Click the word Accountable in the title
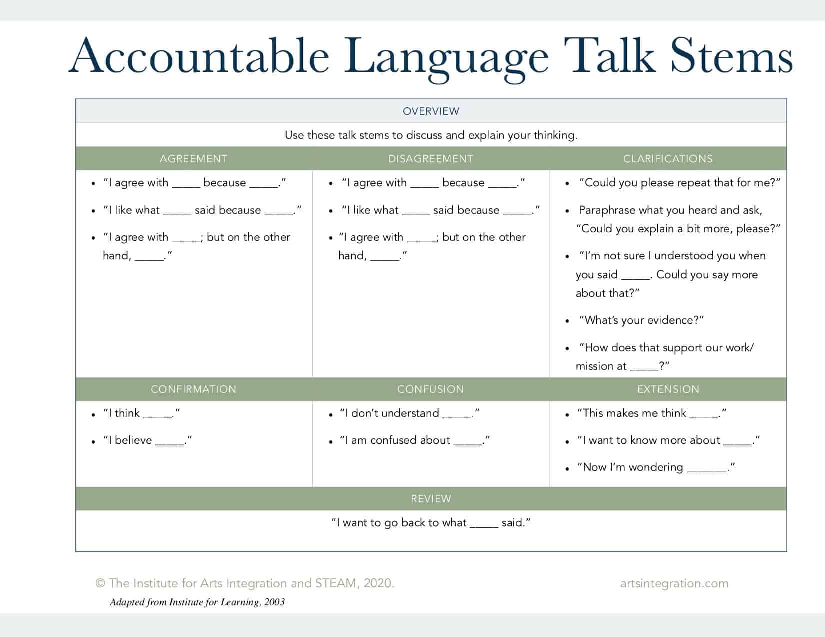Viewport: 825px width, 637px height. coord(199,56)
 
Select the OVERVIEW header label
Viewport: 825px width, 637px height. coord(431,111)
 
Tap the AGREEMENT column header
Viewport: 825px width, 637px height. coord(193,159)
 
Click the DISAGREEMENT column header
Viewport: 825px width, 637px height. coord(430,159)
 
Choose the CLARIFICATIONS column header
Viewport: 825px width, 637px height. coord(668,159)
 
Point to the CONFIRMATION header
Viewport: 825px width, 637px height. coord(193,389)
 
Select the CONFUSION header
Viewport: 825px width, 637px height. coord(430,389)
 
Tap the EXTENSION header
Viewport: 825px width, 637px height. coord(668,389)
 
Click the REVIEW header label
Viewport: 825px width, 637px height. coord(431,499)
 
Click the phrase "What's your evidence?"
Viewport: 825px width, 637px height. coord(641,320)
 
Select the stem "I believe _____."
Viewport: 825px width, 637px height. coord(147,440)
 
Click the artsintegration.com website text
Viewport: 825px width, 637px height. coord(674,583)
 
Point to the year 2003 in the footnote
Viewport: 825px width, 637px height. coord(274,602)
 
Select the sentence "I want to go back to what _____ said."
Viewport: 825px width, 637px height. coord(431,523)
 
